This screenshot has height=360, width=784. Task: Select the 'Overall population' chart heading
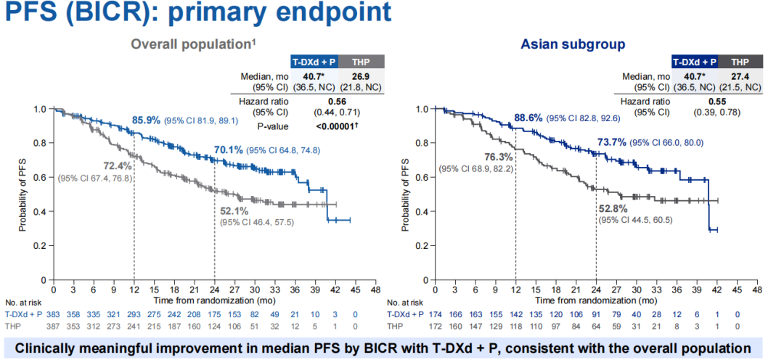point(192,44)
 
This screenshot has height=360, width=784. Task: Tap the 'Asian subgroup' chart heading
point(573,45)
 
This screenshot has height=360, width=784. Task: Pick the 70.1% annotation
point(229,150)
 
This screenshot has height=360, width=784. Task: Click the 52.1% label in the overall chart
point(234,210)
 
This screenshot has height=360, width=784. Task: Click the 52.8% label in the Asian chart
point(614,209)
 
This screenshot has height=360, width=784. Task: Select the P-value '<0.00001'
point(336,126)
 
